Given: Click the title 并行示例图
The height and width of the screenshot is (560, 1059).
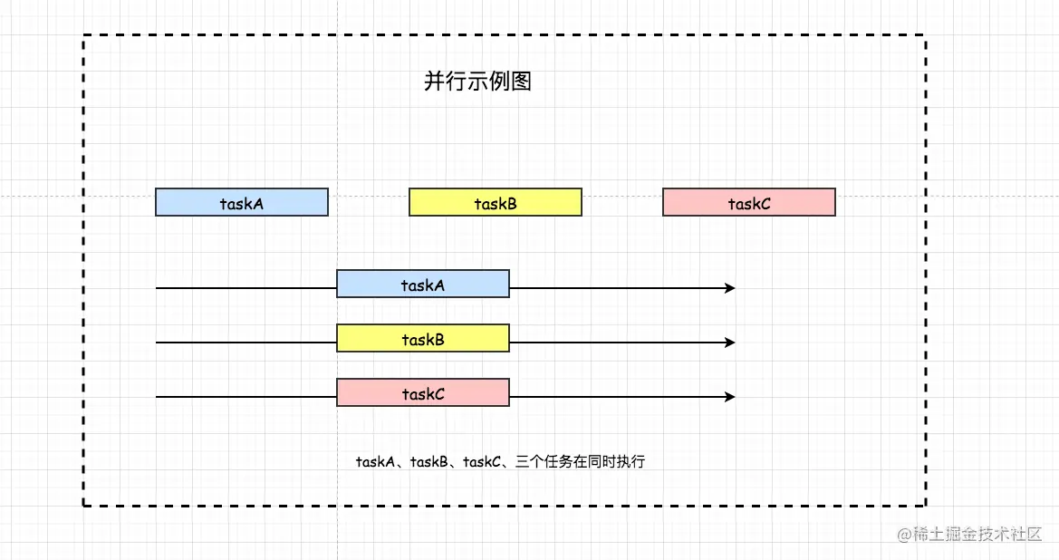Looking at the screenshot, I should point(477,82).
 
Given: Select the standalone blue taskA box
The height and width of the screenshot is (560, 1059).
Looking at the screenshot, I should point(242,202).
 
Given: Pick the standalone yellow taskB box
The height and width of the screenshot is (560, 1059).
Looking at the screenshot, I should point(496,202).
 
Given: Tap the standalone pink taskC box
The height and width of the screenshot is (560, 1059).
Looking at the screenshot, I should point(749,202).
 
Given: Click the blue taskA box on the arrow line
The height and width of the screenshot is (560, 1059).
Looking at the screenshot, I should point(423,285).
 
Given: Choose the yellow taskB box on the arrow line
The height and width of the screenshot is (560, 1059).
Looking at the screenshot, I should point(423,339).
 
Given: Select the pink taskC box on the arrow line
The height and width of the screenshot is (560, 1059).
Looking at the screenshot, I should point(423,393).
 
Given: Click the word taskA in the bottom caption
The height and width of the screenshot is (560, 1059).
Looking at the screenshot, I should point(375,462).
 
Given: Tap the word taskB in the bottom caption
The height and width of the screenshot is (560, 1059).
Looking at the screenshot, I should point(428,462).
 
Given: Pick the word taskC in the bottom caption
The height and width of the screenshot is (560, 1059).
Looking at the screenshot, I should point(482,462).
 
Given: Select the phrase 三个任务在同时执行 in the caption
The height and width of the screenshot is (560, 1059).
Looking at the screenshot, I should point(580,462).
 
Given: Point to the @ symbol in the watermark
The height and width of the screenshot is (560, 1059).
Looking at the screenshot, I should point(904,535).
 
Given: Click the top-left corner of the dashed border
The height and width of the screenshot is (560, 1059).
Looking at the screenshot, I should point(83,35).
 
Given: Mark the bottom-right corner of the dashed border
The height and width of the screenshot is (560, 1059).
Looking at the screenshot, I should point(925,505).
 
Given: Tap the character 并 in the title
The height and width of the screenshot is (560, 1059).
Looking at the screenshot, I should point(434,82).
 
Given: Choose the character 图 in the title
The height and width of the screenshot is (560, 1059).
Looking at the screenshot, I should point(521,82).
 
